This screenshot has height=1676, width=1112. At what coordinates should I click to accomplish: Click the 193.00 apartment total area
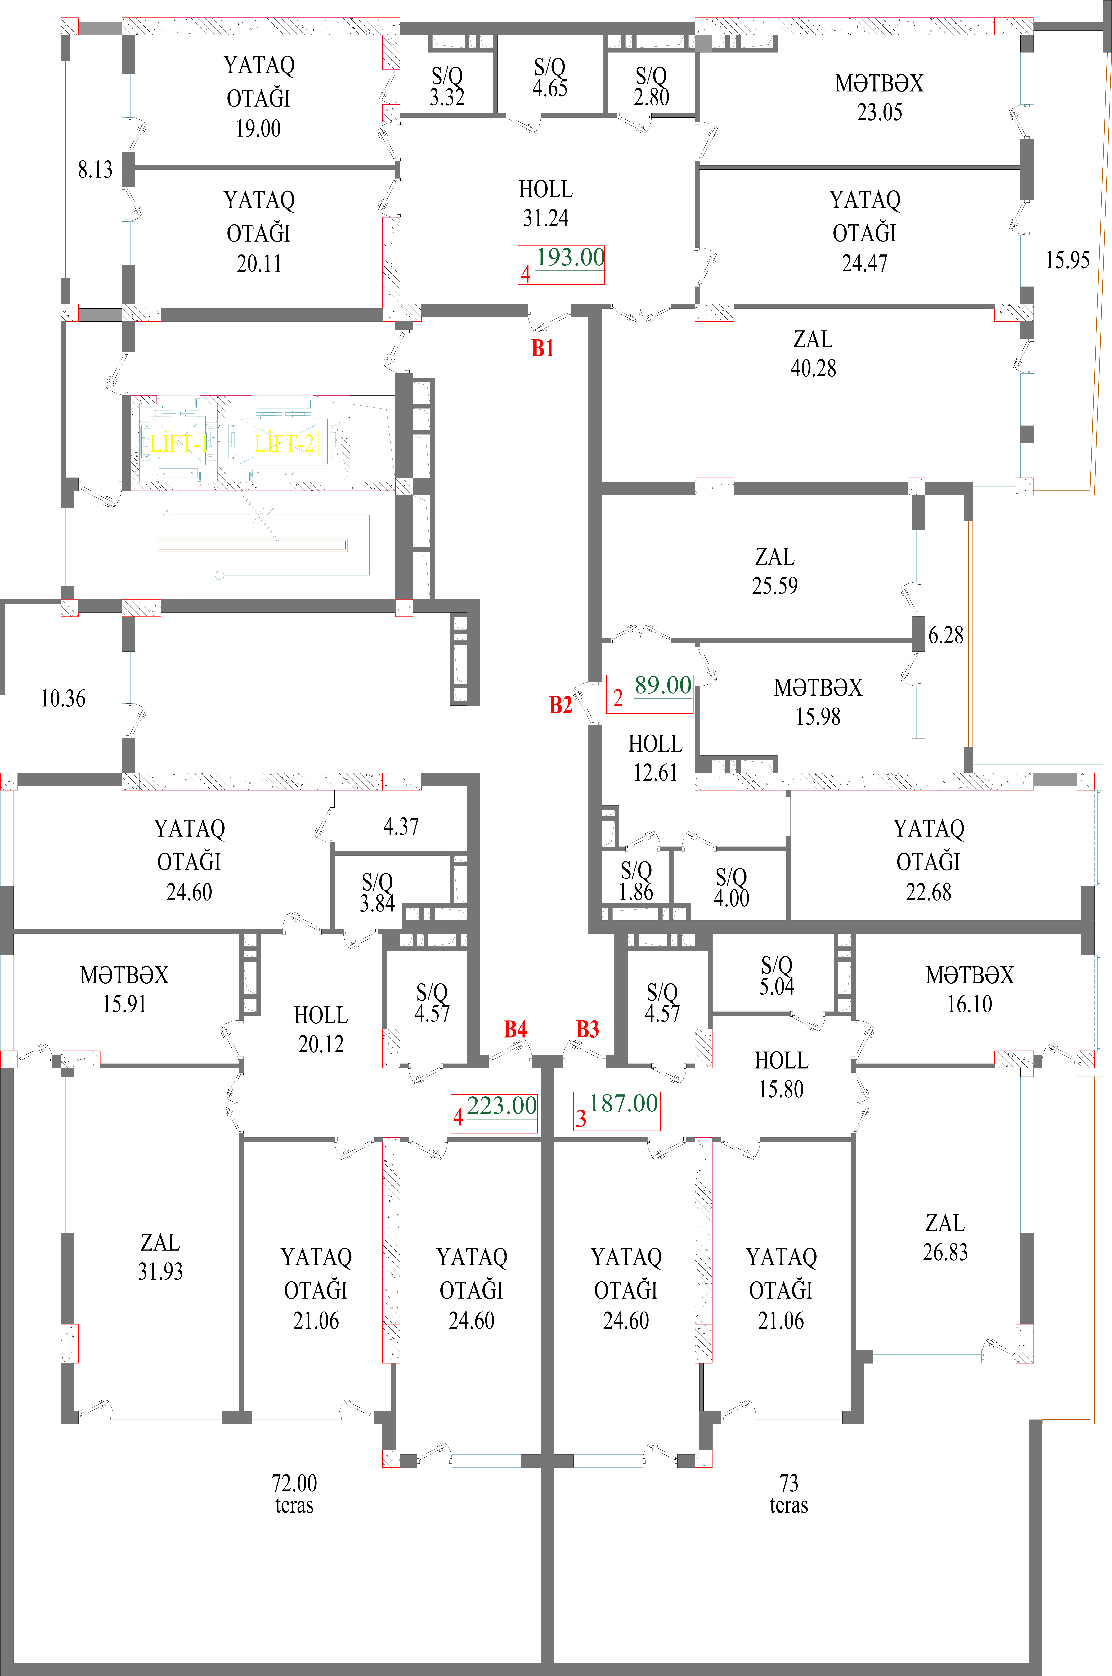570,257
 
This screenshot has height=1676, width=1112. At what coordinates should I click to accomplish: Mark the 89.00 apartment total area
662,686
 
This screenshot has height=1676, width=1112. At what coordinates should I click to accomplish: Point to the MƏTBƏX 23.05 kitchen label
879,97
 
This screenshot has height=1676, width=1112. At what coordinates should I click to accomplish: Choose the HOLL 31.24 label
545,203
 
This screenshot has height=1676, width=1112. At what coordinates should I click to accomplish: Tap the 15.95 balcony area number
1067,260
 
